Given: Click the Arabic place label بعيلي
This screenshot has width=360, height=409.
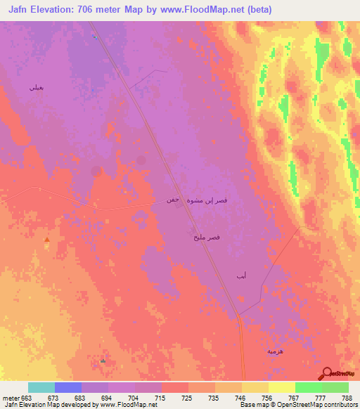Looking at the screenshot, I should pyautogui.click(x=36, y=88).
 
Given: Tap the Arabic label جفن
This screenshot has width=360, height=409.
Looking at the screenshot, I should pyautogui.click(x=173, y=200).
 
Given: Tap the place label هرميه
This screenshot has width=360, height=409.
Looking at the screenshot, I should pyautogui.click(x=275, y=349).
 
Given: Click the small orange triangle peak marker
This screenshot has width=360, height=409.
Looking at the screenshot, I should pyautogui.click(x=47, y=240).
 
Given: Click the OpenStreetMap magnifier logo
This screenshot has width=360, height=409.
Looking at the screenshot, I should pyautogui.click(x=327, y=373).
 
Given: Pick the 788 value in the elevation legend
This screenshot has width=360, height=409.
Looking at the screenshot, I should pyautogui.click(x=347, y=398).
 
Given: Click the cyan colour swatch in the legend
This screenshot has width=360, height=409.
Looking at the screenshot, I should pyautogui.click(x=41, y=387).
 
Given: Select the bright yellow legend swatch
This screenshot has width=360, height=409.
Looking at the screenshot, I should pyautogui.click(x=281, y=387).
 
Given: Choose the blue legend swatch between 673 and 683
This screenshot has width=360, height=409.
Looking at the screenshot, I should pyautogui.click(x=68, y=387).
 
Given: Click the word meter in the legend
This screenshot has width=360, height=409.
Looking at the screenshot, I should pyautogui.click(x=11, y=398).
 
